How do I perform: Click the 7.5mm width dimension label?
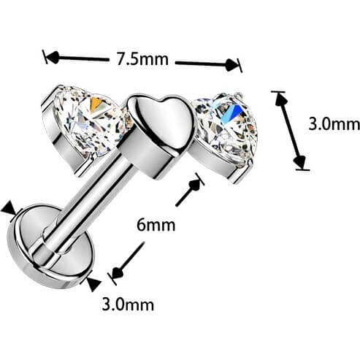tap(142, 59)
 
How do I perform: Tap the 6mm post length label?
tap(156, 225)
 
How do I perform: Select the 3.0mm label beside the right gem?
tap(334, 123)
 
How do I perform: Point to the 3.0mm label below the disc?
tap(128, 304)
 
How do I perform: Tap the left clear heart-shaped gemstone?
tap(89, 119)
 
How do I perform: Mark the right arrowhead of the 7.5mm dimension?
tap(231, 65)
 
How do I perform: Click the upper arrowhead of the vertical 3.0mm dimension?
tap(280, 99)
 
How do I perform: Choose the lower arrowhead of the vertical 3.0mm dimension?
tap(299, 161)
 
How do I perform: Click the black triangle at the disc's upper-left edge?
tap(9, 210)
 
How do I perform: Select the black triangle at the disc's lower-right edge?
tap(93, 283)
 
